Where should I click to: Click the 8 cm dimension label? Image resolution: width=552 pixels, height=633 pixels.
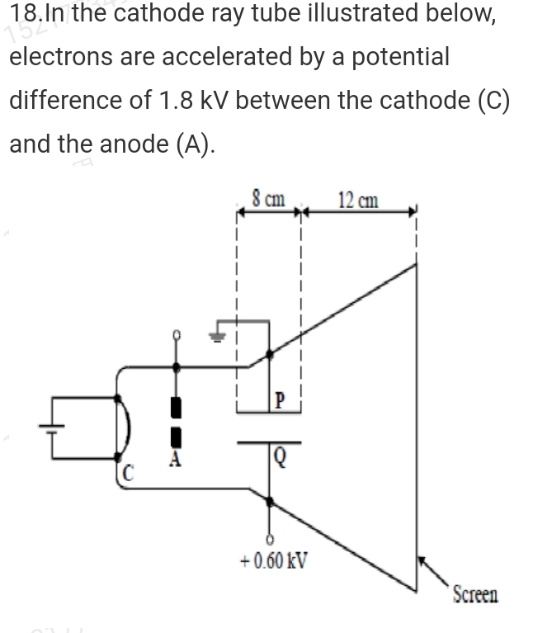point(269,199)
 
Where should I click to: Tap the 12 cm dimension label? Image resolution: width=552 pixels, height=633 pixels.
point(359,200)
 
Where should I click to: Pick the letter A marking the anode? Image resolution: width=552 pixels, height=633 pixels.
point(174,461)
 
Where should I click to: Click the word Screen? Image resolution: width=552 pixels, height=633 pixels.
point(475,593)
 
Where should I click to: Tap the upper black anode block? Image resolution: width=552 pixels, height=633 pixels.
point(174,406)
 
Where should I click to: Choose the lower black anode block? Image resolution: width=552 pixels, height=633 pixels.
point(174,437)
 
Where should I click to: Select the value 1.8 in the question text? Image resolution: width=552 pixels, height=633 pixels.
point(171,100)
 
